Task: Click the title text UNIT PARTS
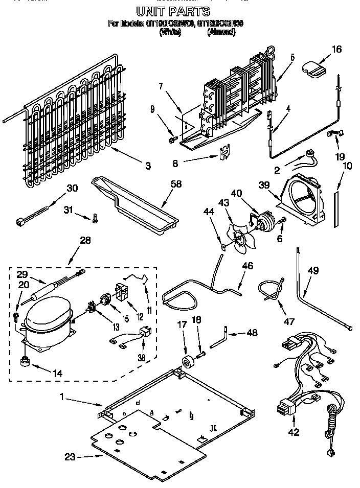tap(172, 11)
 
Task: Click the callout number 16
tap(336, 49)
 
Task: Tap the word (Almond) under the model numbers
tap(221, 32)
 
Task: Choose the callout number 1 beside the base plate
tap(62, 397)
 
